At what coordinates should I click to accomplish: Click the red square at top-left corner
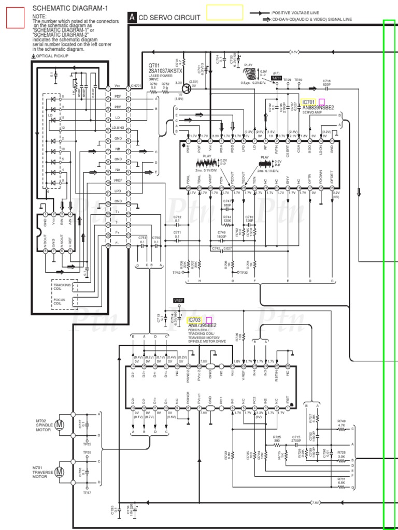click(16, 18)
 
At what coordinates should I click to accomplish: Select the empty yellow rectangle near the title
click(225, 12)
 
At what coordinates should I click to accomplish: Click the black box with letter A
click(133, 18)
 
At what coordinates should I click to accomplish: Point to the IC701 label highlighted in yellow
click(309, 102)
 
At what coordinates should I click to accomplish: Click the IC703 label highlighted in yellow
click(195, 320)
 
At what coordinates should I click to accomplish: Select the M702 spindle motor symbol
click(60, 425)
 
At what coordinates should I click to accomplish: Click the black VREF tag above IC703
click(179, 300)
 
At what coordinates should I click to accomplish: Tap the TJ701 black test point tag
click(277, 78)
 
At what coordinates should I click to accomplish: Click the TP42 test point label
click(176, 272)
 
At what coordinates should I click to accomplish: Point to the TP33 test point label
click(244, 272)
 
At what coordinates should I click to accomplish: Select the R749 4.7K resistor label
click(341, 423)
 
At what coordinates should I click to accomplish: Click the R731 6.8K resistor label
click(341, 481)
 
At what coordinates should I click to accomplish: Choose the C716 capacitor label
click(326, 82)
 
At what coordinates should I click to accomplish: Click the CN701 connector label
click(136, 86)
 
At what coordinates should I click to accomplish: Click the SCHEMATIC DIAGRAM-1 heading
click(70, 8)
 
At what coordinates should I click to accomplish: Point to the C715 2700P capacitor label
click(296, 438)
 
